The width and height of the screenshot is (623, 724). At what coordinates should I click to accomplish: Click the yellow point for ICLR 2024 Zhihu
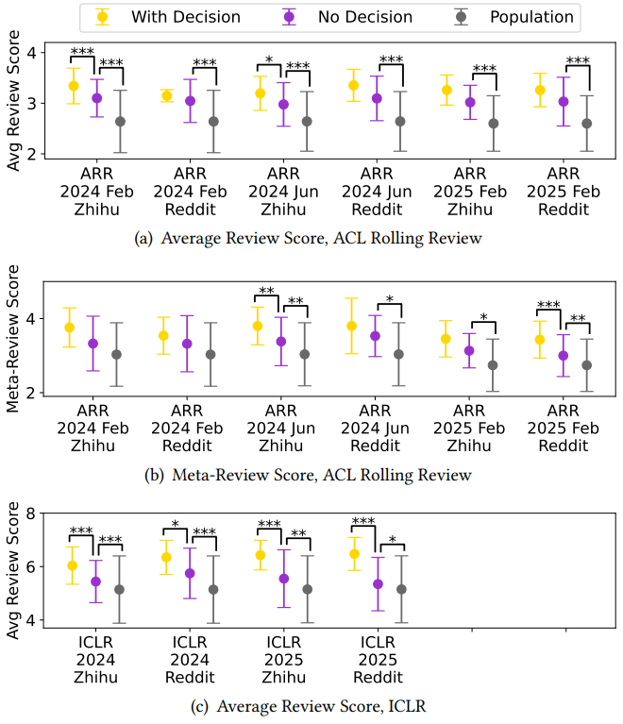(x=73, y=565)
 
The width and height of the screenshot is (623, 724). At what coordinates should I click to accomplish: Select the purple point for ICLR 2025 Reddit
(x=379, y=583)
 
